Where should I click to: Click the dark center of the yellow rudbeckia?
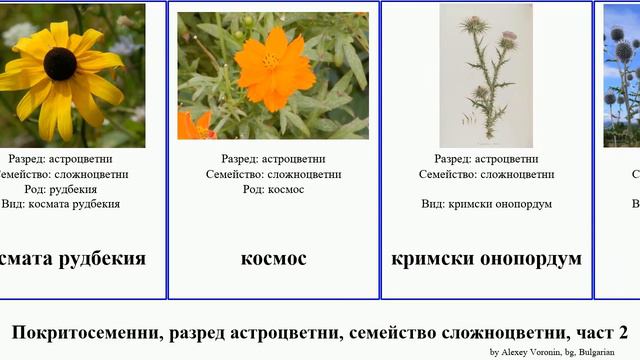pos(60,64)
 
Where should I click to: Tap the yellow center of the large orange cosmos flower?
pos(270,61)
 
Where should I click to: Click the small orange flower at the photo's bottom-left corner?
pos(195,126)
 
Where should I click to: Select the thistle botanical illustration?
pos(486,75)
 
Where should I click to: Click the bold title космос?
pos(273,259)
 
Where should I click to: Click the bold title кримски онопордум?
pos(486,259)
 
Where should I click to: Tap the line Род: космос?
pos(273,189)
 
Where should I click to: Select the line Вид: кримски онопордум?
pos(486,204)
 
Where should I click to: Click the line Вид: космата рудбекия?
pos(62,204)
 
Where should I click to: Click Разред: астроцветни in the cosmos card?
pos(273,159)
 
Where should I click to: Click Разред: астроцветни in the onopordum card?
pos(486,159)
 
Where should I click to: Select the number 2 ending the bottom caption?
pos(622,332)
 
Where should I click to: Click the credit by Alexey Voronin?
pos(531,352)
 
